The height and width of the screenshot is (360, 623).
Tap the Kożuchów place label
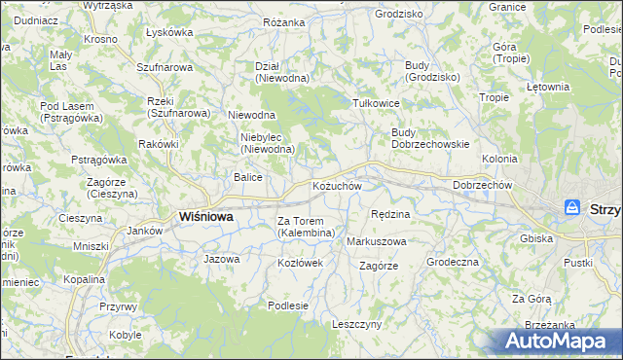click(x=337, y=186)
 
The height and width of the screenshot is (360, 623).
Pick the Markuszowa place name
click(x=377, y=240)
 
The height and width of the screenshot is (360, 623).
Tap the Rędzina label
click(x=391, y=213)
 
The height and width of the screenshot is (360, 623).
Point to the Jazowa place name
click(x=221, y=259)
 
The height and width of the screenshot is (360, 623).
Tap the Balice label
click(x=247, y=177)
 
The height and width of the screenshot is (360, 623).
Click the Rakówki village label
click(x=159, y=144)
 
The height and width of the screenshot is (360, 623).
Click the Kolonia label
click(x=499, y=158)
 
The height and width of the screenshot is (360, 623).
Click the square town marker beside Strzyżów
click(x=573, y=207)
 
